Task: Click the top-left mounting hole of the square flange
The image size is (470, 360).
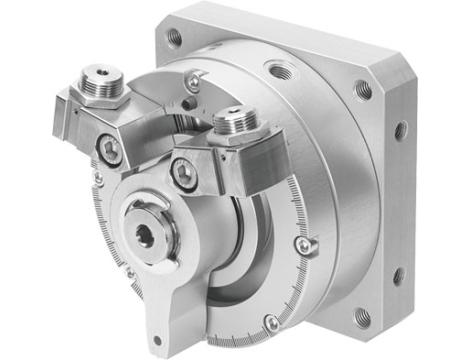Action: coord(176,37)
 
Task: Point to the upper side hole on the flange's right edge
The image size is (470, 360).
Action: coord(402,130)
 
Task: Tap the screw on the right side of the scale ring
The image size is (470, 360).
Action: coord(312,243)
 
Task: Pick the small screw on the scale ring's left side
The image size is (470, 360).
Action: coord(97,179)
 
